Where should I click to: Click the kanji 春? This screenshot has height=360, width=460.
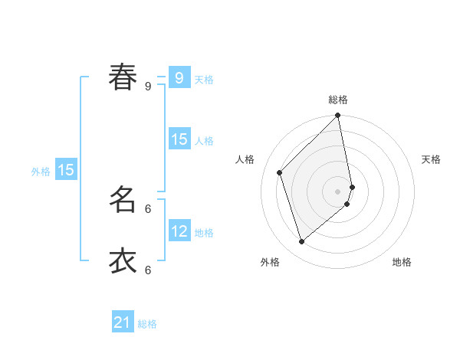pyautogui.click(x=123, y=77)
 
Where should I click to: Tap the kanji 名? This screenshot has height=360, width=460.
pyautogui.click(x=123, y=199)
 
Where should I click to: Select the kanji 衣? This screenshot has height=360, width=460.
pyautogui.click(x=123, y=260)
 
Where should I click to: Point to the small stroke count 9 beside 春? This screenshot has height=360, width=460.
pyautogui.click(x=148, y=87)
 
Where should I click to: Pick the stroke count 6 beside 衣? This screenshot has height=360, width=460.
pyautogui.click(x=148, y=270)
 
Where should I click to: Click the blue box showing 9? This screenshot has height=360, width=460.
pyautogui.click(x=179, y=77)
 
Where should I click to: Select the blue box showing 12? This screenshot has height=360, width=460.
pyautogui.click(x=179, y=231)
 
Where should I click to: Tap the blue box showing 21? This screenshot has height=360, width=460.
pyautogui.click(x=123, y=322)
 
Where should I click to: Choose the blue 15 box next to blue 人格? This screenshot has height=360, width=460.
pyautogui.click(x=179, y=139)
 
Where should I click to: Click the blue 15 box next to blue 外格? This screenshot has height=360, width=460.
pyautogui.click(x=66, y=170)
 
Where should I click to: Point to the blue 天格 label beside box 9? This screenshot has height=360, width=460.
pyautogui.click(x=204, y=79)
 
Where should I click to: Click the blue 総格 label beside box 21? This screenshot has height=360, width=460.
pyautogui.click(x=147, y=324)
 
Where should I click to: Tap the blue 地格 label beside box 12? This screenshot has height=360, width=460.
pyautogui.click(x=204, y=232)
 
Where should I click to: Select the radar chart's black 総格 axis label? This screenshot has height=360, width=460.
pyautogui.click(x=338, y=100)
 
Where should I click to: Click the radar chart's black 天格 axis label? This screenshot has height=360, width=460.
pyautogui.click(x=431, y=159)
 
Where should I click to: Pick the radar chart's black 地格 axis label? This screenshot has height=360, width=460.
pyautogui.click(x=402, y=262)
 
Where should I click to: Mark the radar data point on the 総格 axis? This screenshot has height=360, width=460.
pyautogui.click(x=338, y=116)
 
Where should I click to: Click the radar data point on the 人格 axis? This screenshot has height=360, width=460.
pyautogui.click(x=280, y=172)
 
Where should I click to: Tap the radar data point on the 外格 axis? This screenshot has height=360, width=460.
pyautogui.click(x=302, y=242)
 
